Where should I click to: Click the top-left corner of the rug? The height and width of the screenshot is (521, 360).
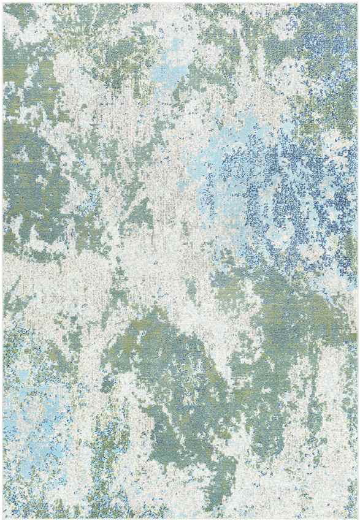pos(2,2)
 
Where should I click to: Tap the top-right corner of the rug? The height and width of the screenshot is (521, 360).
pos(358,2)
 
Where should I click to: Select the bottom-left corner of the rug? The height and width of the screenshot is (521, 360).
pos(2,519)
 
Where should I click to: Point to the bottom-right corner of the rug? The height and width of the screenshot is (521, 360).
pos(358,519)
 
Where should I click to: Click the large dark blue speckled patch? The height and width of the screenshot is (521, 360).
pos(276,184)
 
